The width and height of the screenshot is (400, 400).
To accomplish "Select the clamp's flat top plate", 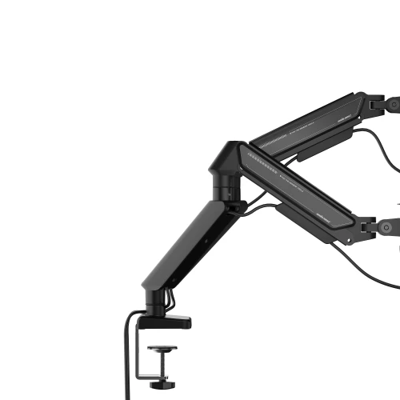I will click(x=171, y=322).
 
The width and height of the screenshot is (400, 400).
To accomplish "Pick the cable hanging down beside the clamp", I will click(x=126, y=352).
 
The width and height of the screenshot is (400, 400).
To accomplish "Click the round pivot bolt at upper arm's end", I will click(x=393, y=103).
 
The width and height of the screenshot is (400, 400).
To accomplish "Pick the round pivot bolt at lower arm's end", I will click(x=389, y=230).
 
